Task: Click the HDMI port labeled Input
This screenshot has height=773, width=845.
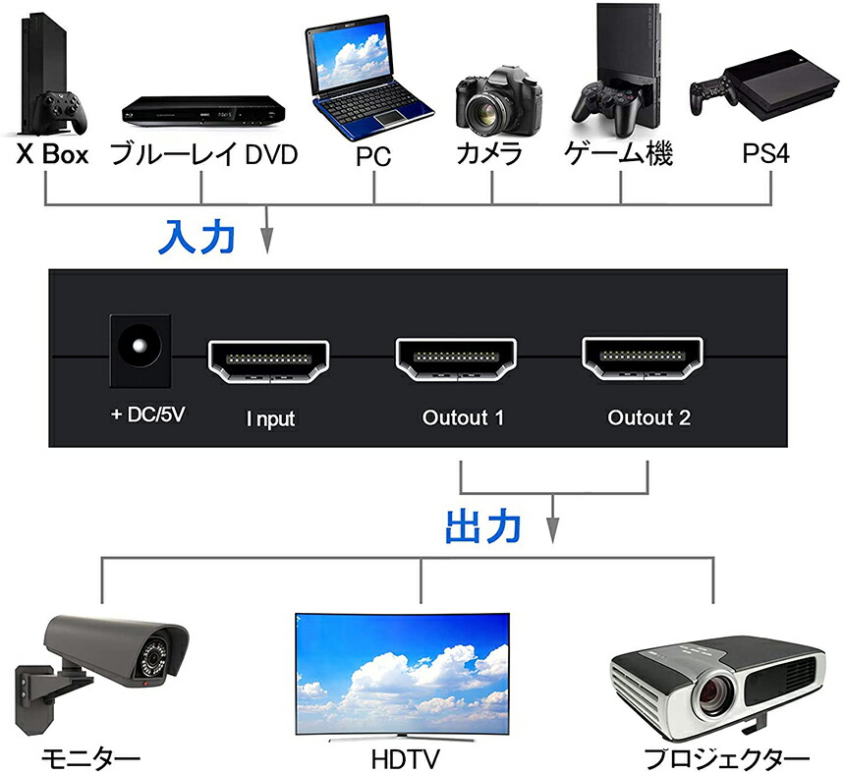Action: pyautogui.click(x=268, y=360)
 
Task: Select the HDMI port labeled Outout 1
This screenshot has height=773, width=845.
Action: pyautogui.click(x=457, y=360)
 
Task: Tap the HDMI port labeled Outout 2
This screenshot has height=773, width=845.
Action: pyautogui.click(x=645, y=360)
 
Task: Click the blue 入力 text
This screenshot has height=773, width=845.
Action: pyautogui.click(x=197, y=237)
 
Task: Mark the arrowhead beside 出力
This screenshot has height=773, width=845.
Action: pyautogui.click(x=555, y=531)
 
